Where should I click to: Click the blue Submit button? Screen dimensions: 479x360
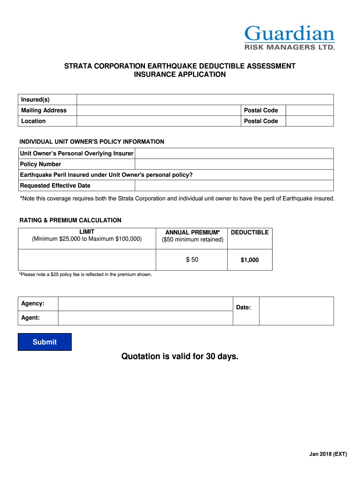(x=44, y=342)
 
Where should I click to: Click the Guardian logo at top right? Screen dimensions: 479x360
(x=289, y=38)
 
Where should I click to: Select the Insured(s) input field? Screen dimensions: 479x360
(x=205, y=100)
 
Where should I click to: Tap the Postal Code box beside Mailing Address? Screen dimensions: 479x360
(x=309, y=110)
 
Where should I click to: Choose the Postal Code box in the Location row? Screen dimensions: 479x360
(x=309, y=121)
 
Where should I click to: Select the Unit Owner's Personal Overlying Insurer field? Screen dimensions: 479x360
(x=234, y=153)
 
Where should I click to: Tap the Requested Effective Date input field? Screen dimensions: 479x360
(x=234, y=186)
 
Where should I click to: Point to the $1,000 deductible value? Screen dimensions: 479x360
(x=250, y=260)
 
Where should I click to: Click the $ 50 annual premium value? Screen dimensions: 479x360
(x=192, y=260)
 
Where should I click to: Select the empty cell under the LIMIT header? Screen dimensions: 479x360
(x=86, y=260)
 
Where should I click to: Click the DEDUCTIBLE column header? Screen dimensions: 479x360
(x=250, y=232)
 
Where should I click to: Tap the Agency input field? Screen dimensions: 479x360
(x=145, y=304)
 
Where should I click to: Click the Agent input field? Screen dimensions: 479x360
(x=145, y=318)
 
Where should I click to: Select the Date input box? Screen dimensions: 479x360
(x=296, y=311)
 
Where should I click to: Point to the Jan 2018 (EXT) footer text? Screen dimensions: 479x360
(x=328, y=454)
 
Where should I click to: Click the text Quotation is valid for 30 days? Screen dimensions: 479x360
(x=180, y=357)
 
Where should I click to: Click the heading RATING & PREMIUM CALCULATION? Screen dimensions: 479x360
(x=70, y=220)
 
